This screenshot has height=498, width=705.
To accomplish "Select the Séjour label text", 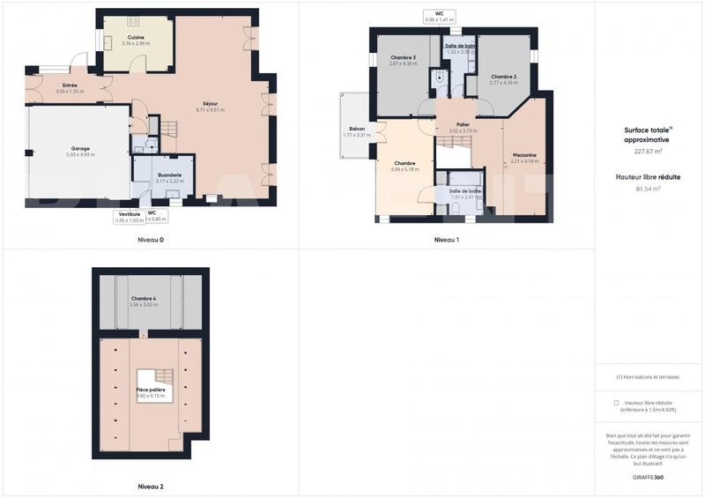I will click(210, 104).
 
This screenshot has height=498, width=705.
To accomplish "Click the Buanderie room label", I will click(170, 175).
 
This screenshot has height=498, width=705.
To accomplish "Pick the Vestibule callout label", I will click(128, 213).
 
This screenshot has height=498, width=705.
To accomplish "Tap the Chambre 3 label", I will click(403, 57).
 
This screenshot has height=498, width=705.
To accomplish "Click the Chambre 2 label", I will click(503, 76).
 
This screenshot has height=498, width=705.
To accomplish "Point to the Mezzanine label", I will click(524, 155).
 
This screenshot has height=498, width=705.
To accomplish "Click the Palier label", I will click(463, 125).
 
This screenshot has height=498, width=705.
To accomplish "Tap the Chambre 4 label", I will click(143, 299).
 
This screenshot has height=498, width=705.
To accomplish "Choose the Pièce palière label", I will click(151, 390).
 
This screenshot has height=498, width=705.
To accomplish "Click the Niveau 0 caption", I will click(151, 240).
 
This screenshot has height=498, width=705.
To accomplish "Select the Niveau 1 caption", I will click(447, 240).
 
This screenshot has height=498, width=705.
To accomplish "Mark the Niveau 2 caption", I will click(151, 487).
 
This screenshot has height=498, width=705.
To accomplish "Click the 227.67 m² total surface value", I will click(647, 152).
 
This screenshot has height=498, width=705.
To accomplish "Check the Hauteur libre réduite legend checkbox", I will click(616, 402).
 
